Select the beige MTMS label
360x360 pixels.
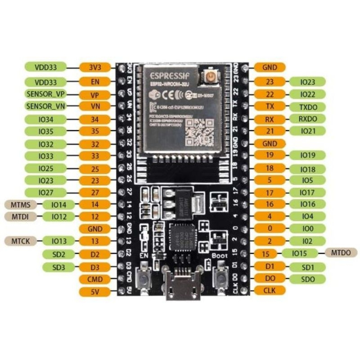[20, 204]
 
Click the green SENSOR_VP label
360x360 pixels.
[45, 94]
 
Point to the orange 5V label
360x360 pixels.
[95, 292]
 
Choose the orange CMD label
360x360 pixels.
[95, 279]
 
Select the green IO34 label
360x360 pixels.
[45, 119]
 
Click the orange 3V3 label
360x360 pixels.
[95, 67]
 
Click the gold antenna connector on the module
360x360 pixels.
[210, 77]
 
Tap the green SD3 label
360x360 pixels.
[59, 267]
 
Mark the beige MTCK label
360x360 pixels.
[20, 241]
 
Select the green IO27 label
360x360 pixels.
[45, 192]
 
